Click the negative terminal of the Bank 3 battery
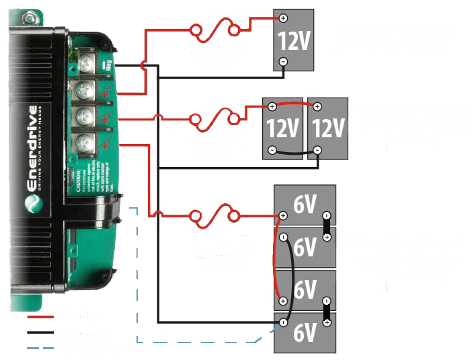(x=283, y=61)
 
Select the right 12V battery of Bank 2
(x=328, y=128)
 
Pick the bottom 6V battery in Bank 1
(x=305, y=332)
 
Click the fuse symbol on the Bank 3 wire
(x=214, y=30)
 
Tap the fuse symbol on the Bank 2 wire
(x=214, y=118)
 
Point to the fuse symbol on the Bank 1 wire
(x=215, y=216)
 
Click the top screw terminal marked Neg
(x=85, y=65)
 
